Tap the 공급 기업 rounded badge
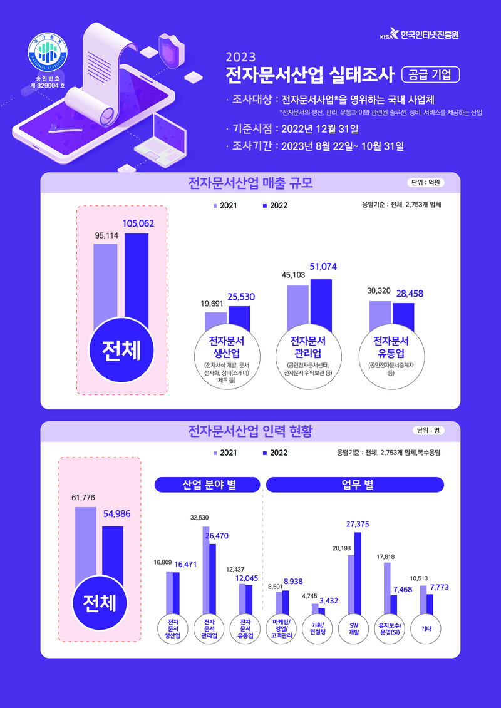[430, 75]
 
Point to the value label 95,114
[105, 235]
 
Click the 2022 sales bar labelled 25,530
[239, 319]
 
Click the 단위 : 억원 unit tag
[426, 183]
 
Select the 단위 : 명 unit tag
[429, 430]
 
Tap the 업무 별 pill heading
[354, 485]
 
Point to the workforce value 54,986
[116, 514]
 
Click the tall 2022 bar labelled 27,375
[358, 573]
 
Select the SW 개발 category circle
[354, 628]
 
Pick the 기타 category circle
[426, 628]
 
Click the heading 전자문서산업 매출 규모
[250, 183]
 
